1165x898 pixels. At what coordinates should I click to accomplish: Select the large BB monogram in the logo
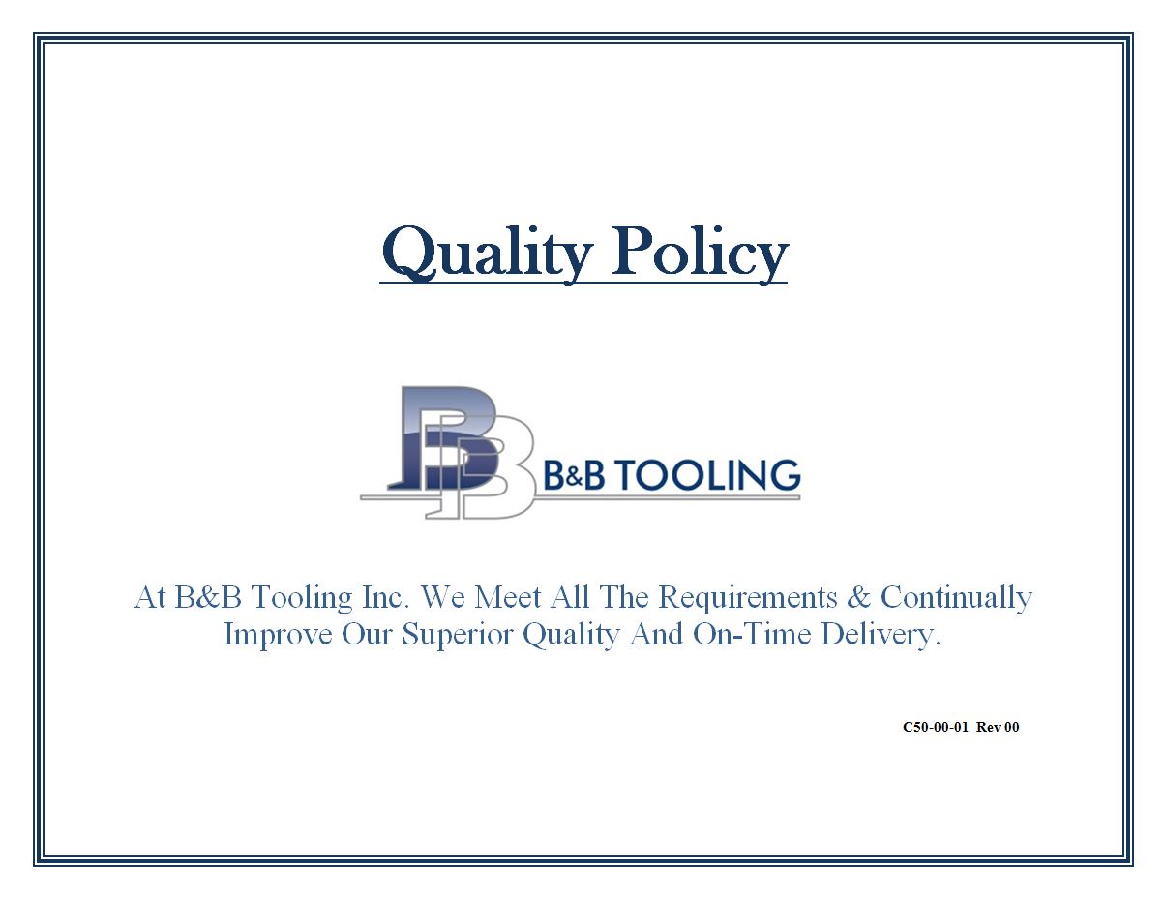coord(462,452)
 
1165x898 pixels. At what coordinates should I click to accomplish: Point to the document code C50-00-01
coord(936,727)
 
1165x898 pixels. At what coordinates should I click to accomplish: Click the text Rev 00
coord(998,727)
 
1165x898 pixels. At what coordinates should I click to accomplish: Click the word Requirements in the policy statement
coord(747,597)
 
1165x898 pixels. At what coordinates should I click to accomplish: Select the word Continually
coord(956,597)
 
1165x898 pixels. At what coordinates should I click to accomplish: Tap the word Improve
coord(278,635)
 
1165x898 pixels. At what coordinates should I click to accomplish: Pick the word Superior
coord(458,635)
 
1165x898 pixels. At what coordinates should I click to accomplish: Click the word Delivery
coord(881,635)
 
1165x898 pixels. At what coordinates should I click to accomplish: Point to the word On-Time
coord(752,633)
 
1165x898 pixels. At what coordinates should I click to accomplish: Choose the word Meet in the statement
coord(508,597)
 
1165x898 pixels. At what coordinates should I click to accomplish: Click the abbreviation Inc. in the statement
coord(386,597)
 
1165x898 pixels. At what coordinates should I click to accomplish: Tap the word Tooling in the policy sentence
coord(301,598)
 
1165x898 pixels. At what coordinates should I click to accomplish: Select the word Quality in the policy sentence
coord(571,635)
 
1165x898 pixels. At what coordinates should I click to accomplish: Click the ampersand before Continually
coord(859,597)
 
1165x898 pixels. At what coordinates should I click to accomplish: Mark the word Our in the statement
coord(368,634)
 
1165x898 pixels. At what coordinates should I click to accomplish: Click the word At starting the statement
coord(150,597)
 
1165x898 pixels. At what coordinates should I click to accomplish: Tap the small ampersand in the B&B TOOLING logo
coord(573,478)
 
